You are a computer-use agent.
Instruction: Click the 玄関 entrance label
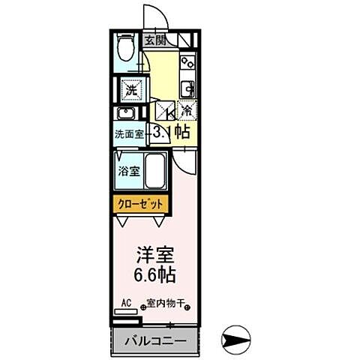[x=157, y=40]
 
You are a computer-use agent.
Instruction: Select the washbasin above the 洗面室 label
[x=126, y=115]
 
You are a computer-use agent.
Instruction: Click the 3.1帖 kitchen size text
[x=171, y=133]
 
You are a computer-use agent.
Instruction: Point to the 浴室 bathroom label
[x=129, y=171]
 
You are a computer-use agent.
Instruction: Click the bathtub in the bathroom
[x=154, y=173]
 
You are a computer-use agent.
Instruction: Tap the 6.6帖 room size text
[x=155, y=274]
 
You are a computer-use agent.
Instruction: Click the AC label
[x=126, y=304]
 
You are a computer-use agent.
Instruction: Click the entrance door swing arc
[x=153, y=15]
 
